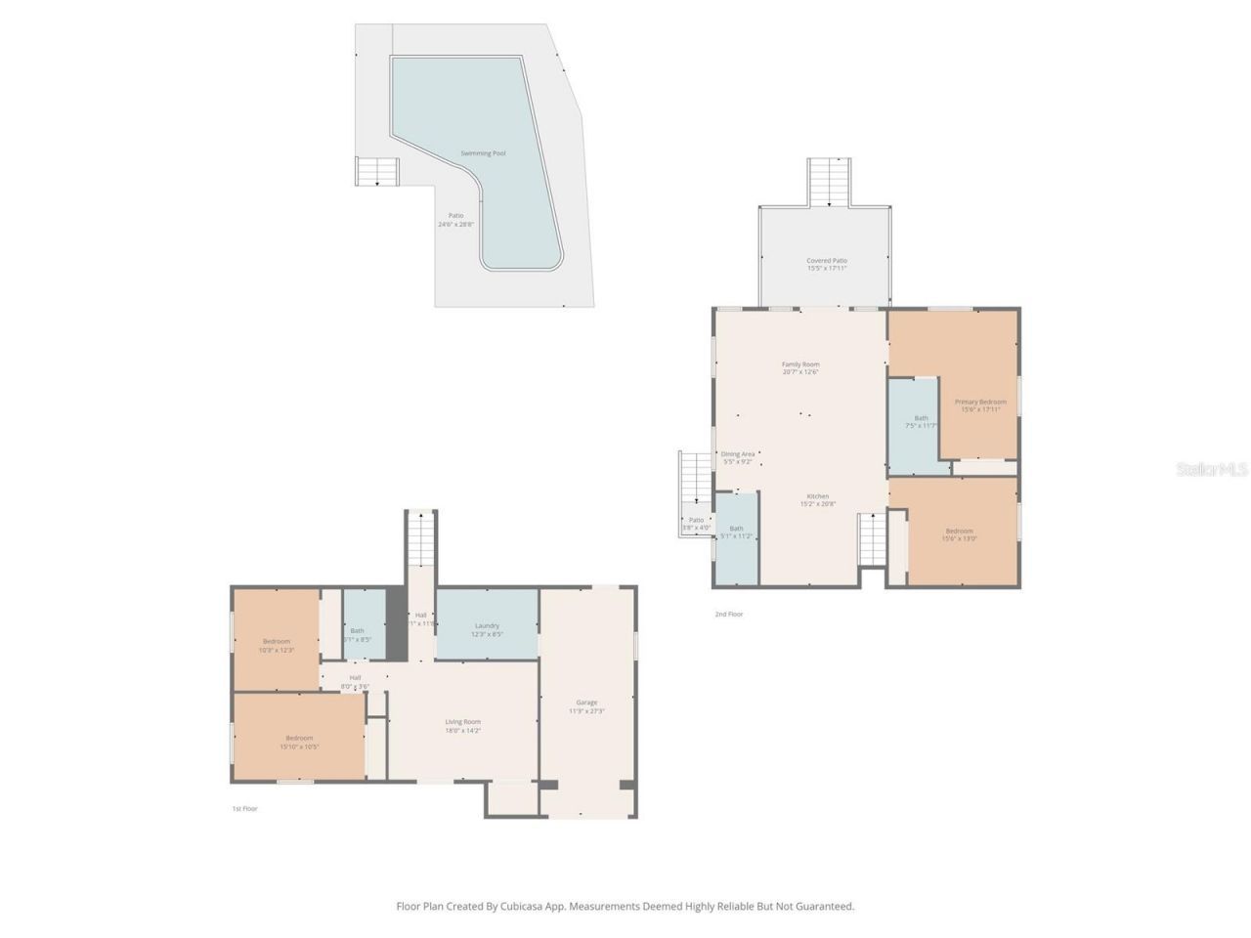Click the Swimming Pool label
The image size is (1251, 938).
click(484, 153)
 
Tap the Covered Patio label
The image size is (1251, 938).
click(827, 261)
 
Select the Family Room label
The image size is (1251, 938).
click(800, 364)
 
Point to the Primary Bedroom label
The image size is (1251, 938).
click(980, 402)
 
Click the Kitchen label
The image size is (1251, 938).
click(818, 496)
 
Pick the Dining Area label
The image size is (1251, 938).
click(738, 454)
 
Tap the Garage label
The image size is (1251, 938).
click(586, 703)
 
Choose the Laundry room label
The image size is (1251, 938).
click(487, 625)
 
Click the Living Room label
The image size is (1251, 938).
click(463, 722)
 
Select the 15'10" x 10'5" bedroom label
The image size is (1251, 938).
click(299, 738)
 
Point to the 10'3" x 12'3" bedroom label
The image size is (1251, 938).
click(277, 642)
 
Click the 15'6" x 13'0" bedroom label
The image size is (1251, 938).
click(959, 532)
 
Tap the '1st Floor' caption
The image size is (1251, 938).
click(244, 809)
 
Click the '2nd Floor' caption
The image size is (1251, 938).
click(729, 615)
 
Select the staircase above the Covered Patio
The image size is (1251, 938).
click(830, 181)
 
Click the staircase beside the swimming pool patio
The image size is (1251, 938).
click(378, 172)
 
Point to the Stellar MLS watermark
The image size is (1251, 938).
click(1212, 470)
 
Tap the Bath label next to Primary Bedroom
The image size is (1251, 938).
click(921, 418)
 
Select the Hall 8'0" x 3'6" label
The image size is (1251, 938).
click(355, 677)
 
